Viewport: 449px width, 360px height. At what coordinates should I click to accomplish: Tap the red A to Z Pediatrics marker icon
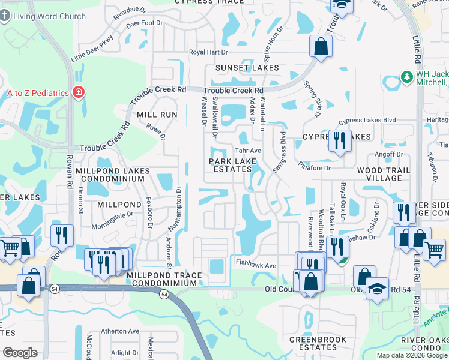pyautogui.click(x=78, y=92)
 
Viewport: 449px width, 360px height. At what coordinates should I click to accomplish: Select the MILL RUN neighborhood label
pyautogui.click(x=157, y=114)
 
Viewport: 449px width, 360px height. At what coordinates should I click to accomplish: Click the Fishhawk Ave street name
pyautogui.click(x=256, y=265)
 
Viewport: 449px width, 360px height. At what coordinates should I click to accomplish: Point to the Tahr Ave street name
pyautogui.click(x=247, y=151)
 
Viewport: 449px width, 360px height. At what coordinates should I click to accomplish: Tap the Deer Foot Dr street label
pyautogui.click(x=144, y=23)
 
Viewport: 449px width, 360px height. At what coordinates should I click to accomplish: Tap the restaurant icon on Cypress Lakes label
pyautogui.click(x=339, y=141)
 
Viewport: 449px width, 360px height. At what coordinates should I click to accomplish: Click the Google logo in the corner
pyautogui.click(x=20, y=353)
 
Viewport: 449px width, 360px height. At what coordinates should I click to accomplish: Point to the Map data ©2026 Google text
pyautogui.click(x=411, y=355)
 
